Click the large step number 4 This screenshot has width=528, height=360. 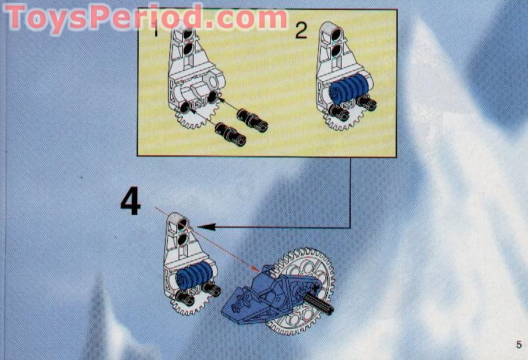pyautogui.click(x=130, y=201)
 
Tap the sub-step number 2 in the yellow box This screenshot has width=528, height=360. pyautogui.click(x=301, y=31)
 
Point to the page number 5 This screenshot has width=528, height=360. pyautogui.click(x=519, y=344)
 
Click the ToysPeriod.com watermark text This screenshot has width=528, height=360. pyautogui.click(x=145, y=17)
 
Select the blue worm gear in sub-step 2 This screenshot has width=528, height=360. pyautogui.click(x=349, y=88)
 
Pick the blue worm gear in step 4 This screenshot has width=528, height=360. pyautogui.click(x=194, y=275)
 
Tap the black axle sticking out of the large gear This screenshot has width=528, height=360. pyautogui.click(x=320, y=302)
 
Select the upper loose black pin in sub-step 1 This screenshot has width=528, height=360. pyautogui.click(x=252, y=120)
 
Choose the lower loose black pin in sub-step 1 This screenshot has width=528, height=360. pyautogui.click(x=231, y=134)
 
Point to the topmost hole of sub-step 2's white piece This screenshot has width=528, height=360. pyautogui.click(x=337, y=34)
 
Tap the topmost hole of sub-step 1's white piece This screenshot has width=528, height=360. pyautogui.click(x=189, y=33)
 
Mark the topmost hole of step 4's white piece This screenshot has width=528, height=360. pyautogui.click(x=183, y=223)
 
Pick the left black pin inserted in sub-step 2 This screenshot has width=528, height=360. pyautogui.click(x=339, y=113)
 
